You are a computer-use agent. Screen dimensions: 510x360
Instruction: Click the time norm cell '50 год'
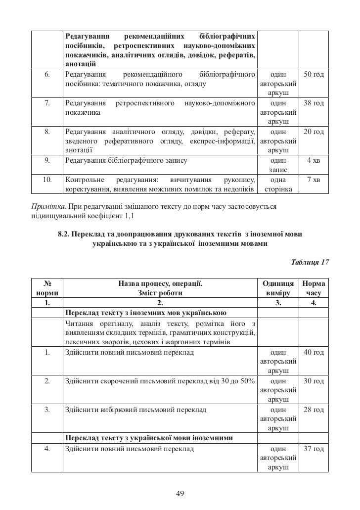pyautogui.click(x=313, y=74)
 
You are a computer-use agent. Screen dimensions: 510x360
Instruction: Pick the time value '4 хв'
pyautogui.click(x=313, y=160)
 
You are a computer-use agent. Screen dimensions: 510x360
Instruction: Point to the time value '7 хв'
pyautogui.click(x=313, y=180)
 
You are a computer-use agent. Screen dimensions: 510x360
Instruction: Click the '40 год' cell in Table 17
pyautogui.click(x=313, y=352)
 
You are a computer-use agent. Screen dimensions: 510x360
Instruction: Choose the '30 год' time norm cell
pyautogui.click(x=313, y=381)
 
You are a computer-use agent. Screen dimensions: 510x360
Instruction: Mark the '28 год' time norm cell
pyautogui.click(x=313, y=410)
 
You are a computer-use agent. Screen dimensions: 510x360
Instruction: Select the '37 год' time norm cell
pyautogui.click(x=313, y=449)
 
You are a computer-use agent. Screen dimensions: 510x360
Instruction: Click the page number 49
pyautogui.click(x=180, y=493)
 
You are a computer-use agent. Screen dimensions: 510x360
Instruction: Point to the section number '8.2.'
pyautogui.click(x=64, y=233)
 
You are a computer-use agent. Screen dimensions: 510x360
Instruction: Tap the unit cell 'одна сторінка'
pyautogui.click(x=278, y=185)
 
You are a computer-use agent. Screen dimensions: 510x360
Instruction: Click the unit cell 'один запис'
pyautogui.click(x=278, y=165)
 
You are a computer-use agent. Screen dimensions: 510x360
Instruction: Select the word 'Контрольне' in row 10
pyautogui.click(x=83, y=180)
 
